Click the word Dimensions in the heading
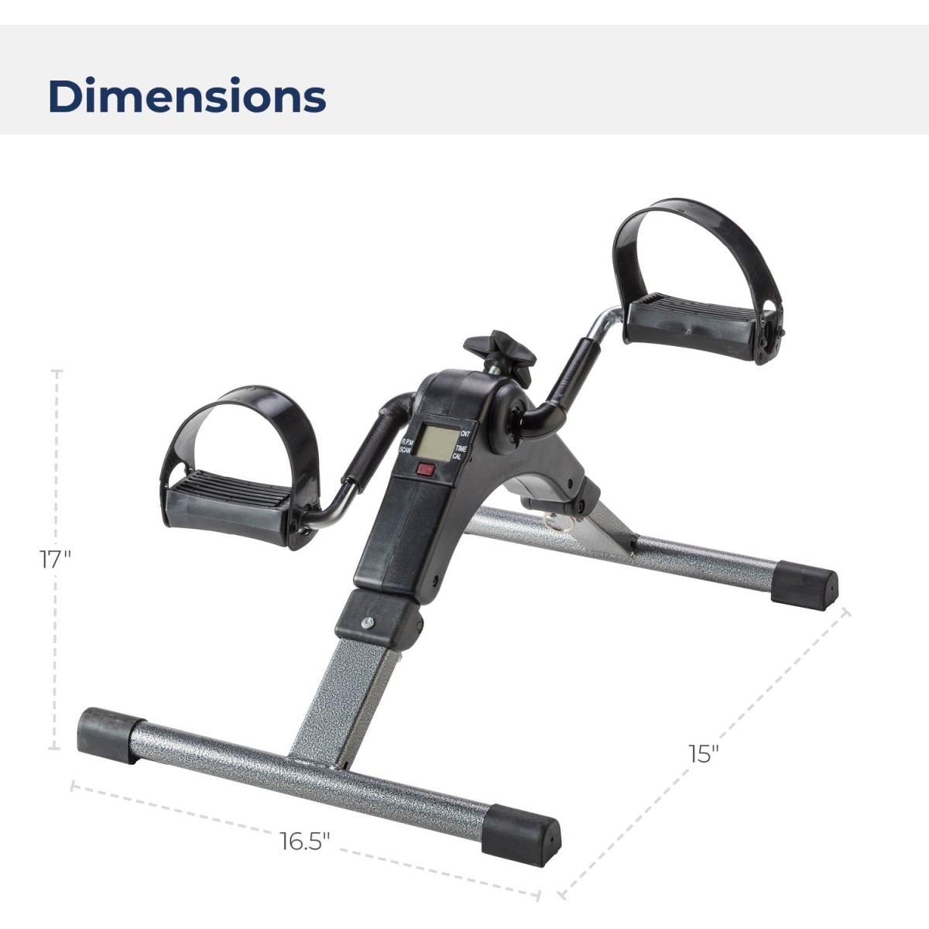tap(187, 95)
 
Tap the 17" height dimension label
tap(55, 560)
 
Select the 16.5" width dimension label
tap(306, 842)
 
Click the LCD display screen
tap(437, 442)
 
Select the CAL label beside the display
tap(457, 455)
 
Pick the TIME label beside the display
tap(461, 448)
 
